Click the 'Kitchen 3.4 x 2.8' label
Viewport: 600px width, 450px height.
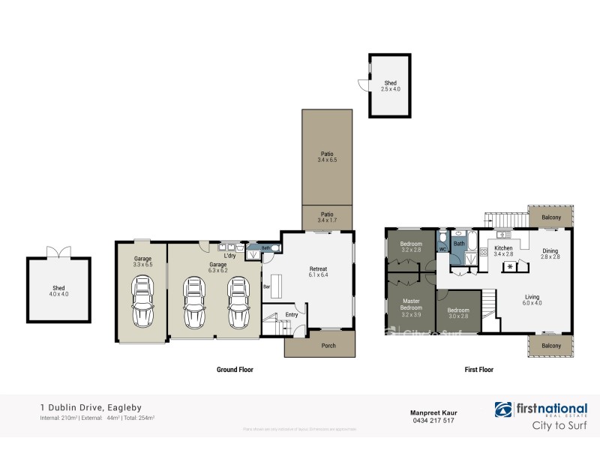coord(502,251)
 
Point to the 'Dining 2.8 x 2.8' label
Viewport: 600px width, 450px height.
coord(550,253)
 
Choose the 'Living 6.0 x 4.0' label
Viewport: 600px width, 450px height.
coord(532,300)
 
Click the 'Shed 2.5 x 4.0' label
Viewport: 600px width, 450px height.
coord(390,86)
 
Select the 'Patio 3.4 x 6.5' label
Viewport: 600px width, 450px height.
coord(326,157)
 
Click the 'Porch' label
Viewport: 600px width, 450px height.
coord(328,346)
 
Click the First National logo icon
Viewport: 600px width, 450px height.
coord(503,409)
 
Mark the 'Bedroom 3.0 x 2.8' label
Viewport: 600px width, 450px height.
coord(458,313)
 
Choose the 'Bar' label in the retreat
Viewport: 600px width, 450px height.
coord(265,286)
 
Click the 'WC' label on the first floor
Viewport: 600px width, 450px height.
coord(442,249)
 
